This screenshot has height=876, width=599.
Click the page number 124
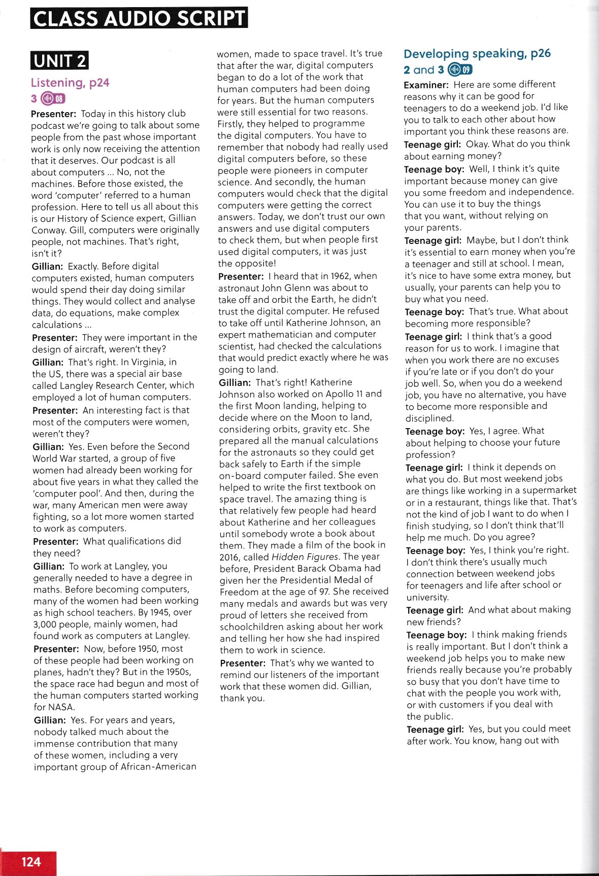tap(31, 861)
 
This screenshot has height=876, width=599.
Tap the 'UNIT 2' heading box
tap(59, 61)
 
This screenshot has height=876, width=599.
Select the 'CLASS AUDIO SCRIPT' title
tap(139, 18)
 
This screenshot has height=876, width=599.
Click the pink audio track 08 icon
tap(53, 98)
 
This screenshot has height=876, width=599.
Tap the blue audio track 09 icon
tap(460, 70)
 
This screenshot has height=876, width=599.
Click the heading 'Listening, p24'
tap(70, 83)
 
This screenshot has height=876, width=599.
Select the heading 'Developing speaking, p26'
tap(477, 54)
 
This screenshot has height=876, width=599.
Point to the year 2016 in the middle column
tap(230, 557)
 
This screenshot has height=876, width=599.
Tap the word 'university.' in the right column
tap(427, 598)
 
